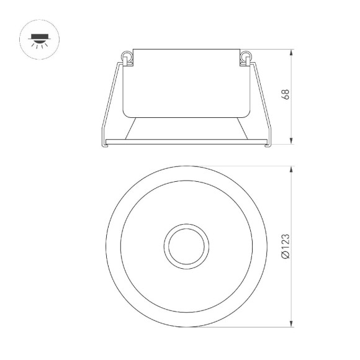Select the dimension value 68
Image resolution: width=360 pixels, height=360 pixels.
click(x=285, y=95)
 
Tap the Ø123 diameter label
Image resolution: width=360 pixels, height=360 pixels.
click(x=285, y=246)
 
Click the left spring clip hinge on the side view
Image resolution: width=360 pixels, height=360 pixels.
click(x=128, y=58)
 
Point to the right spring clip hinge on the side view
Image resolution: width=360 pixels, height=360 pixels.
click(x=245, y=58)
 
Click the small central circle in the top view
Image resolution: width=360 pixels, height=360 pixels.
click(x=186, y=246)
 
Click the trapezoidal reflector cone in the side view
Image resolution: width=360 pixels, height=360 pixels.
click(x=186, y=128)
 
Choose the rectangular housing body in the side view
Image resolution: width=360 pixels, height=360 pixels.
click(x=186, y=81)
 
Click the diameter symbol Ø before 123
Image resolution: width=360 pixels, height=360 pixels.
click(x=285, y=255)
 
